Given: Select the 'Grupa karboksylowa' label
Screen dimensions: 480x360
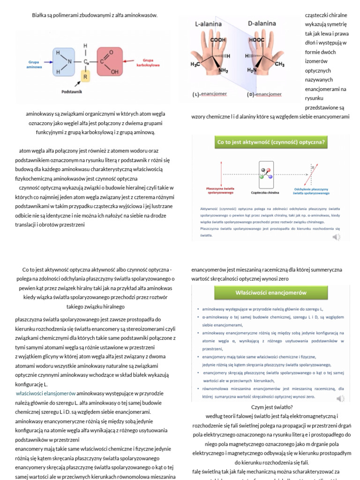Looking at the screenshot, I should pyautogui.click(x=149, y=63).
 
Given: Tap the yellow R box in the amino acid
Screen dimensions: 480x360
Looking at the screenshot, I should pyautogui.click(x=85, y=76).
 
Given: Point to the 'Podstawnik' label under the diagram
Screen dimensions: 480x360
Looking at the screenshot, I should pyautogui.click(x=72, y=92).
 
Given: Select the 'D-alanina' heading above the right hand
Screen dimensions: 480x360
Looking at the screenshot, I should pyautogui.click(x=262, y=23).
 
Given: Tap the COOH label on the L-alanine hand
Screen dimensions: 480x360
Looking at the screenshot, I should pyautogui.click(x=218, y=40).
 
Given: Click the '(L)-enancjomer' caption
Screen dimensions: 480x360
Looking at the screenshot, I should pyautogui.click(x=210, y=94).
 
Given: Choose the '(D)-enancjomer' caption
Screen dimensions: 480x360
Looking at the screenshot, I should pyautogui.click(x=264, y=94).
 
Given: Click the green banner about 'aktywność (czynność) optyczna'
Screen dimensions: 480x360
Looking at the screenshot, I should pyautogui.click(x=271, y=142).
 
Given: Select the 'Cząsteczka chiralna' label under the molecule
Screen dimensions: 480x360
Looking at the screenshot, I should pyautogui.click(x=265, y=192).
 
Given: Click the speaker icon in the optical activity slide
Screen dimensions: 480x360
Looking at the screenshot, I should pyautogui.click(x=337, y=237).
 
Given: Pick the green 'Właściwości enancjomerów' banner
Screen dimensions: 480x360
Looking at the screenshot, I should pyautogui.click(x=271, y=292).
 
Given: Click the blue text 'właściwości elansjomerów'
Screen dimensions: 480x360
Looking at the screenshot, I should pyautogui.click(x=45, y=393).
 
